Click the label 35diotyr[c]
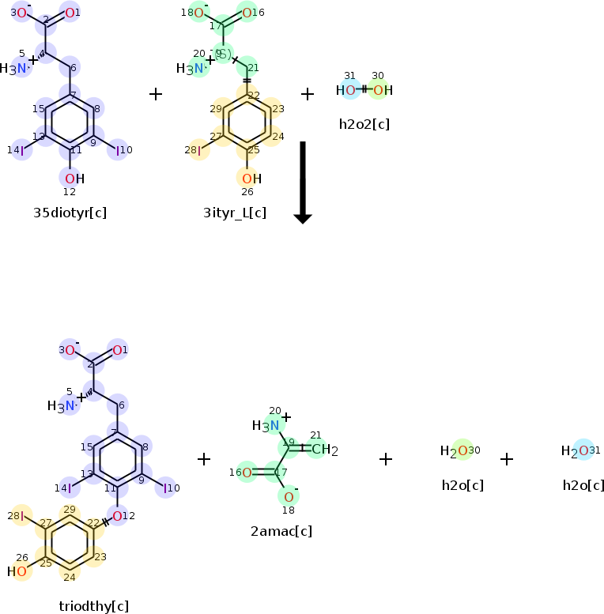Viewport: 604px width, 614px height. [70, 213]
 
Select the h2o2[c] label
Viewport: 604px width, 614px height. [364, 124]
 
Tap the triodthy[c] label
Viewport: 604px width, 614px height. [93, 606]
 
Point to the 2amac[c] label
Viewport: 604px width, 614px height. [281, 530]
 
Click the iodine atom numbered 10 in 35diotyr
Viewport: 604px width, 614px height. [119, 150]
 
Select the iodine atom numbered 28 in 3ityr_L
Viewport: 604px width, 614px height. [198, 150]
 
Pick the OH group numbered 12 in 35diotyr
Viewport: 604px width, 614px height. [74, 179]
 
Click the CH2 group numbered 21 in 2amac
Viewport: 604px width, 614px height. [323, 450]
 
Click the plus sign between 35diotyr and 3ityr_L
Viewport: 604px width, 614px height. [156, 94]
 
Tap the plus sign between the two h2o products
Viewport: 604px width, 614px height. [507, 459]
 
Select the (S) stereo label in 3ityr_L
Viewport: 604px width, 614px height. [224, 55]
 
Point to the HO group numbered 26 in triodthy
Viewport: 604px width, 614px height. [17, 571]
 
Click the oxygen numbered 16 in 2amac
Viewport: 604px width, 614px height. [246, 473]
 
